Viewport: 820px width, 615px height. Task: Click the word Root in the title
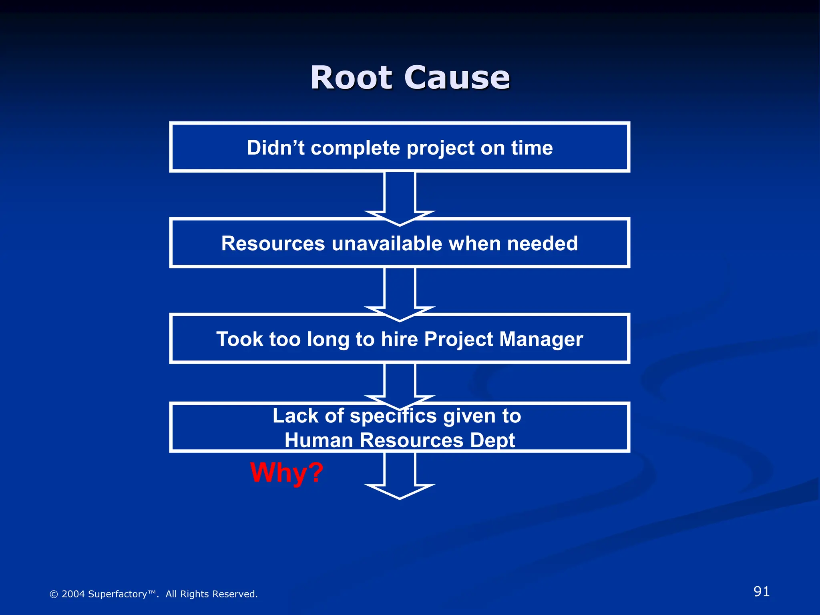click(x=351, y=78)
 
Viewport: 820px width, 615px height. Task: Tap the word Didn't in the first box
click(x=276, y=148)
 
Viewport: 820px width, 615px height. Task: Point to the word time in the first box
click(x=532, y=148)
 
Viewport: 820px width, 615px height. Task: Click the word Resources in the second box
click(x=273, y=243)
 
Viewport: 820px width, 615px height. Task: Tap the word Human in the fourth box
click(x=319, y=440)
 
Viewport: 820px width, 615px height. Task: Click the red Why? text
click(x=286, y=473)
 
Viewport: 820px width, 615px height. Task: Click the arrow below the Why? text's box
click(x=400, y=476)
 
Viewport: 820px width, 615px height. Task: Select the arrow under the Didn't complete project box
click(x=400, y=196)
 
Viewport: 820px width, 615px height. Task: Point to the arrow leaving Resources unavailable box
click(x=400, y=292)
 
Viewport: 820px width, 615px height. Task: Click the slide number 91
click(x=761, y=591)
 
